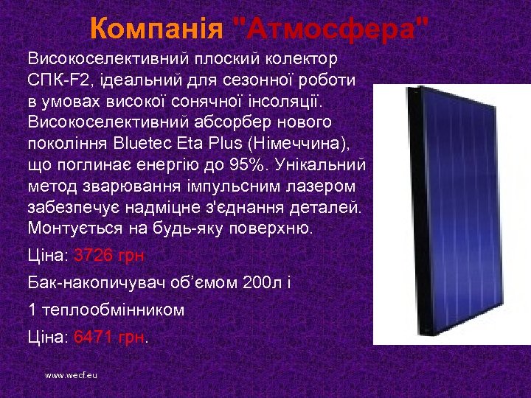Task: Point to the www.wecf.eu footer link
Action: click(x=71, y=375)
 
